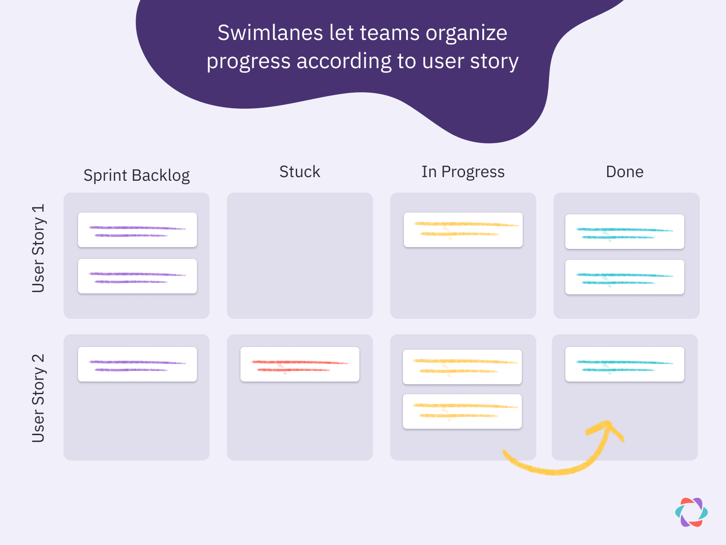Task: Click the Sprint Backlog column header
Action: click(137, 175)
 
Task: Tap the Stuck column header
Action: click(299, 172)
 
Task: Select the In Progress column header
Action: click(463, 172)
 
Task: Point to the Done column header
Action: click(624, 172)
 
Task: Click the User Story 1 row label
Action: click(39, 248)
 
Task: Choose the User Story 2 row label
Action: click(39, 398)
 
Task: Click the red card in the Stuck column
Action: click(299, 364)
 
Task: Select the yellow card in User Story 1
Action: click(463, 230)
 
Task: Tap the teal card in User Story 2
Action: click(624, 364)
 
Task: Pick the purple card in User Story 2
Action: click(137, 364)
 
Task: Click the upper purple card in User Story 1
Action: click(137, 230)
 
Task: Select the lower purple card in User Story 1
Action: click(137, 276)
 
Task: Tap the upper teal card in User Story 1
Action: click(624, 232)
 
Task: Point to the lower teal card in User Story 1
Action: click(624, 277)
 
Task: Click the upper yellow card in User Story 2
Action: click(462, 367)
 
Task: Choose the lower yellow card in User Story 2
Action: click(462, 411)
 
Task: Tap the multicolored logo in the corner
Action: click(691, 512)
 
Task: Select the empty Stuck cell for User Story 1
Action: click(299, 255)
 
